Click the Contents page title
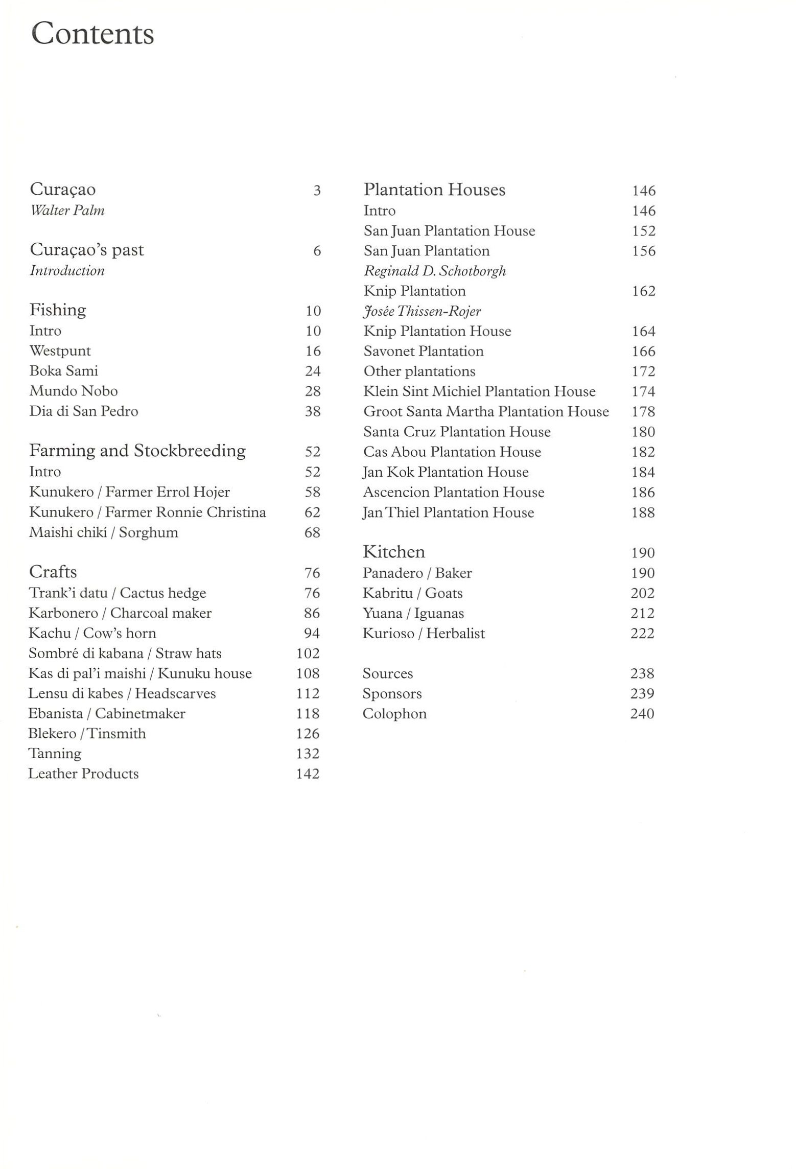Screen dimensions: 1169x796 [x=92, y=34]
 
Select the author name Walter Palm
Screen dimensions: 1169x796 [x=67, y=211]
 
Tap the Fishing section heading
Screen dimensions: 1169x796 [x=58, y=310]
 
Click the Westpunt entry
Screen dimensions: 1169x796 [x=60, y=351]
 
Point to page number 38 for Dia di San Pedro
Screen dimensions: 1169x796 [x=313, y=411]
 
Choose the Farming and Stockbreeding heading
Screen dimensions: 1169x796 [x=137, y=451]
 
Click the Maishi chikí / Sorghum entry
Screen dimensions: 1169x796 [x=104, y=532]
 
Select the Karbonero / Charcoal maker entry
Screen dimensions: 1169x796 [x=120, y=613]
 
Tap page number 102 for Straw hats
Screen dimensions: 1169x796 [x=308, y=653]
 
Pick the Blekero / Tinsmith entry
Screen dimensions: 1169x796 [x=87, y=734]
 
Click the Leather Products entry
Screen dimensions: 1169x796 [x=83, y=774]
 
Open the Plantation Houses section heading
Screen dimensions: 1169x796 [x=434, y=190]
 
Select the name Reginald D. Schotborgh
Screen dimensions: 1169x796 [x=435, y=271]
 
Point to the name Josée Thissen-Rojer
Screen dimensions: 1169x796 [x=422, y=311]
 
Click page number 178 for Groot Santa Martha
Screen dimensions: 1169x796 [x=643, y=412]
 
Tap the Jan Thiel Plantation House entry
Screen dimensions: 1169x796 [x=448, y=512]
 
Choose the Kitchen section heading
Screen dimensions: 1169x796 [x=393, y=552]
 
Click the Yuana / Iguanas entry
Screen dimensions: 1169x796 [x=413, y=613]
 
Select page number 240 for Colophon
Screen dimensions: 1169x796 [x=642, y=714]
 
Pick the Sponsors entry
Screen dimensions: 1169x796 [x=392, y=694]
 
